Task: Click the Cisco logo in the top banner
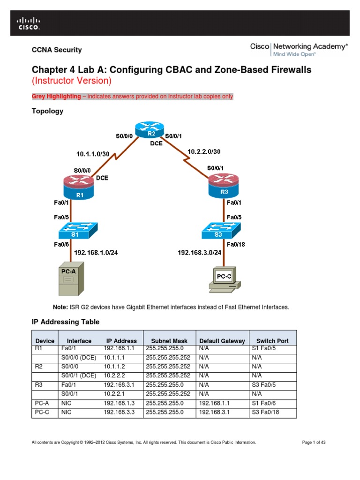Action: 29,23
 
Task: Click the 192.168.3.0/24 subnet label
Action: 199,253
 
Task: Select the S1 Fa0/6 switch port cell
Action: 263,404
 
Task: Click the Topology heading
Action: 47,111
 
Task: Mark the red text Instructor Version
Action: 72,81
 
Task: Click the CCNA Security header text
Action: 57,50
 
